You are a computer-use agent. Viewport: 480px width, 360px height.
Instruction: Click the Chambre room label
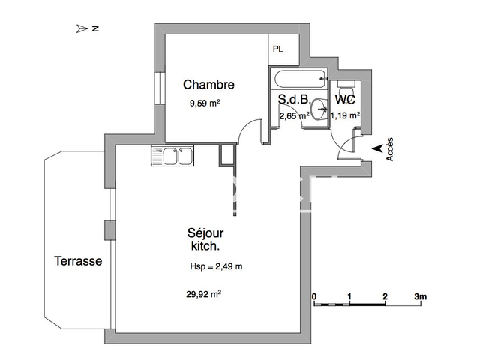coord(208,85)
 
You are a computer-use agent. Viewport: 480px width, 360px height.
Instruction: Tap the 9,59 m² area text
coord(205,105)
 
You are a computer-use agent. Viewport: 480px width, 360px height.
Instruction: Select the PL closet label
coord(278,50)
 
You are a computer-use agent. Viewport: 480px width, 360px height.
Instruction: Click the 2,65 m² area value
coord(294,115)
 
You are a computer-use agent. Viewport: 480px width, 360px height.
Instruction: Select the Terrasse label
coord(78,261)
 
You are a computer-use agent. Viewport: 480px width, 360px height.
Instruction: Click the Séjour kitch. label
coord(205,239)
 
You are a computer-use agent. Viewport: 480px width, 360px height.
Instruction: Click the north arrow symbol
coord(82,28)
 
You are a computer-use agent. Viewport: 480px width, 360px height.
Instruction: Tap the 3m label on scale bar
coord(420,296)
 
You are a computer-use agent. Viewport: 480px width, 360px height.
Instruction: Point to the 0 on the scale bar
coord(314,296)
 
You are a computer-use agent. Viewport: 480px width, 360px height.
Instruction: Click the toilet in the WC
coord(346,86)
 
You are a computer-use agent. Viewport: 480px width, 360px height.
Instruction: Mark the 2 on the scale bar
coord(385,296)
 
